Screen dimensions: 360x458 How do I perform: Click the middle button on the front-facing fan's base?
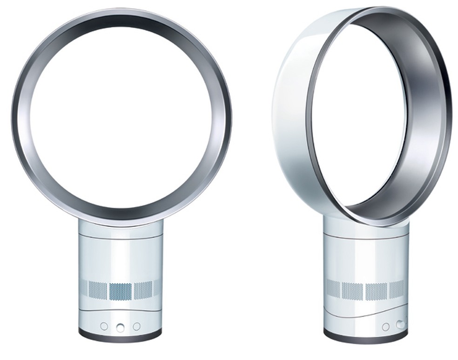(x=121, y=327)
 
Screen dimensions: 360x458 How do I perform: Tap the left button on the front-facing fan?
(x=104, y=327)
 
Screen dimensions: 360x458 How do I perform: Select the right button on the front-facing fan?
(x=136, y=327)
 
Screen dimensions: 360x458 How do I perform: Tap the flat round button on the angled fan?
(x=385, y=327)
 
